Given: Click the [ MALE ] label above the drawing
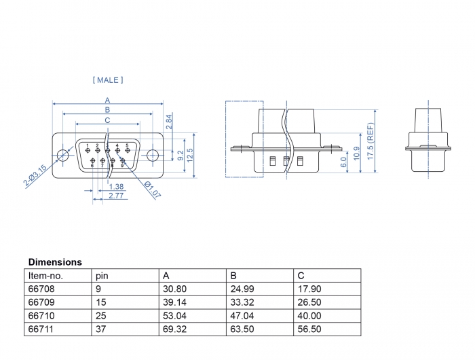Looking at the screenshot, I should [107, 80].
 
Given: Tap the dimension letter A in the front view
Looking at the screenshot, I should [107, 100].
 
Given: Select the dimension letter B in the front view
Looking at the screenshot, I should [107, 110].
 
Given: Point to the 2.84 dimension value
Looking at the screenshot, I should [169, 122].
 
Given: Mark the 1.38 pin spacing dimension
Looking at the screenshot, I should [116, 186].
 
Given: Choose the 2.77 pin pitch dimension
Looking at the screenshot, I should [116, 196].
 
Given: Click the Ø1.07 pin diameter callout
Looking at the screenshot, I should [153, 190].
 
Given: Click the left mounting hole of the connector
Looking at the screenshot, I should [63, 154].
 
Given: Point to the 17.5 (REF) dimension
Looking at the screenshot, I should [370, 141].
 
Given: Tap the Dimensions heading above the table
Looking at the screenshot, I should [55, 262].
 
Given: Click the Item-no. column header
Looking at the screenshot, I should [45, 276].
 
